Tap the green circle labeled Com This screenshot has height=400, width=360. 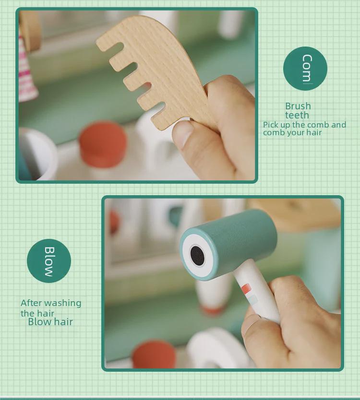[305, 68]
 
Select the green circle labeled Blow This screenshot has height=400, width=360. [49, 261]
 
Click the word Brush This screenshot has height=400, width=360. [298, 106]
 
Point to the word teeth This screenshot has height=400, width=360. [297, 115]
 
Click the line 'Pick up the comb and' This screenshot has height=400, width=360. [304, 125]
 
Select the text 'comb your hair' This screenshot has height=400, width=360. [292, 132]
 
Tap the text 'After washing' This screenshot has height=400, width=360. [51, 303]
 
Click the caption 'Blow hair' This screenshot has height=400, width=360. [50, 322]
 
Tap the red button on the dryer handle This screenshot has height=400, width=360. [246, 289]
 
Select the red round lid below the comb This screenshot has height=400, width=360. [103, 144]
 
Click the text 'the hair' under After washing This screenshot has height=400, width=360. [37, 313]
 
